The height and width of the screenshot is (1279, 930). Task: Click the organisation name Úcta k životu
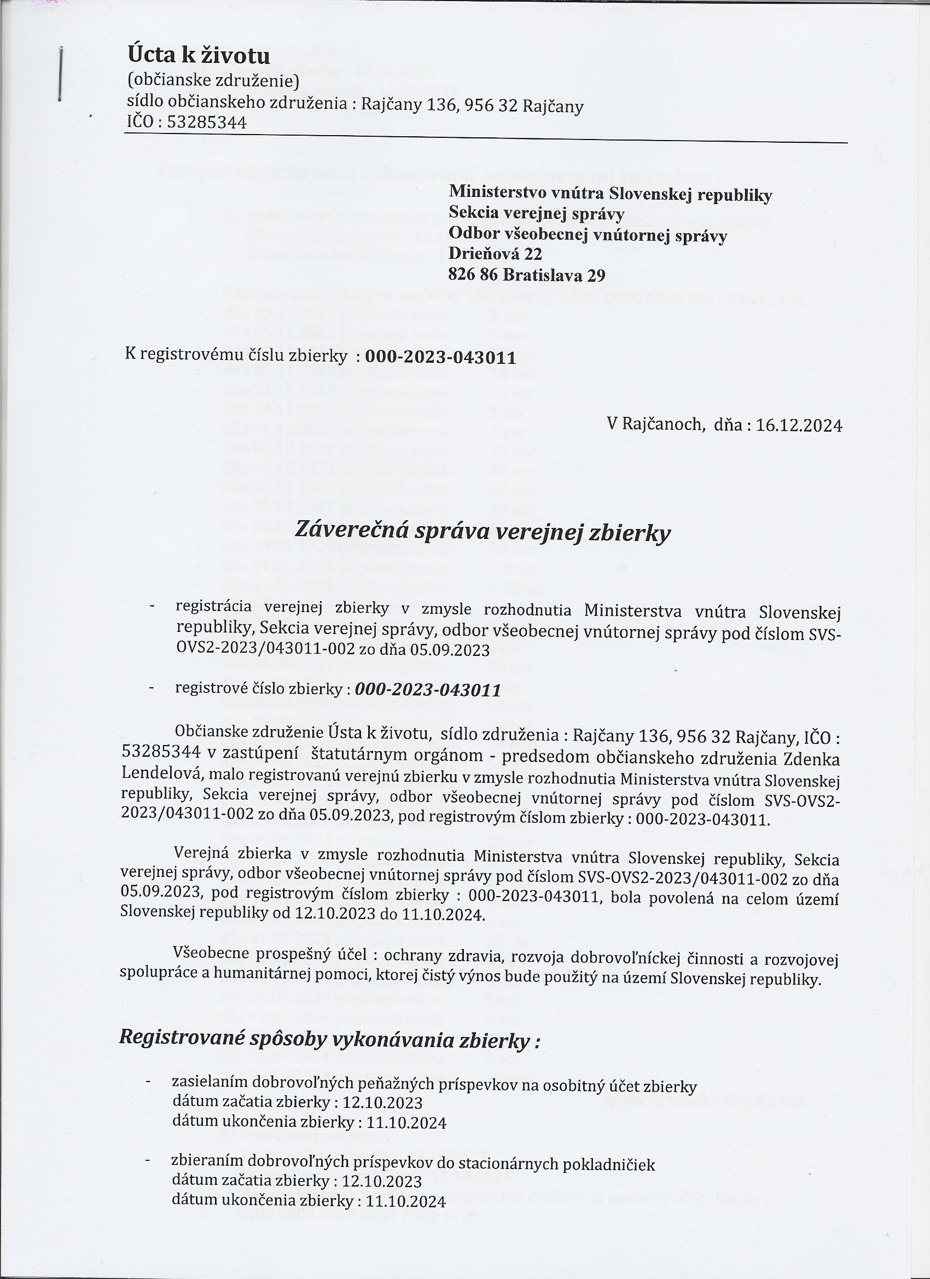click(199, 56)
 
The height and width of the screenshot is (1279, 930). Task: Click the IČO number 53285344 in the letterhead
click(207, 123)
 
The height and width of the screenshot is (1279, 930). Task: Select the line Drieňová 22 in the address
click(495, 255)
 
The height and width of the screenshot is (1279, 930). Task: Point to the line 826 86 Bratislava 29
click(527, 276)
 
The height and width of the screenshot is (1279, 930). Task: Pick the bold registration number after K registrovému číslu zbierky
click(440, 358)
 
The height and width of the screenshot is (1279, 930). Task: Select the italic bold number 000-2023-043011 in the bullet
click(428, 690)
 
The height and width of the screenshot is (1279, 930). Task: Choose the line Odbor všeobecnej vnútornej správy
click(588, 235)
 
